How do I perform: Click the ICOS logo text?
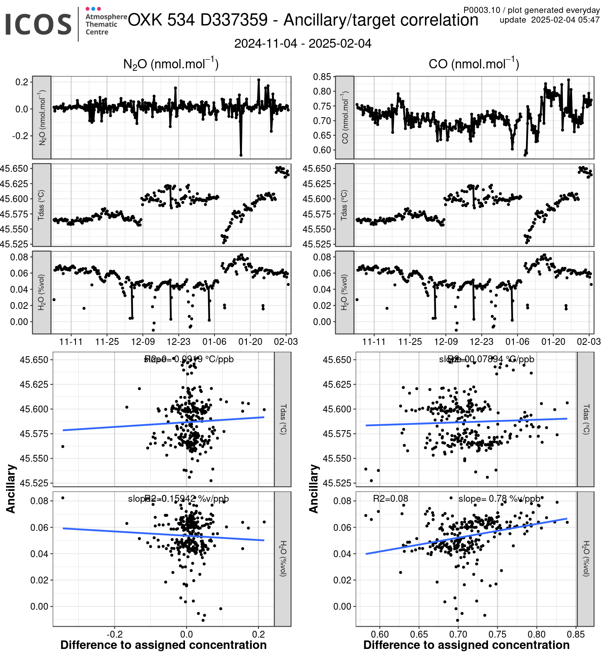pos(38,24)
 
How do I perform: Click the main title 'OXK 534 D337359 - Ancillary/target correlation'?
pos(303,20)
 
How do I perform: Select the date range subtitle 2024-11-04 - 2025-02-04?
pos(303,44)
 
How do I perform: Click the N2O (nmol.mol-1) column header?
pos(170,64)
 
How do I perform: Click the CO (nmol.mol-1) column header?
pos(473,64)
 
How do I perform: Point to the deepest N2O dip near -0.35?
pos(241,155)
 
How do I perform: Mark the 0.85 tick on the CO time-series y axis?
pos(322,77)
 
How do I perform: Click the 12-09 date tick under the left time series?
pos(143,342)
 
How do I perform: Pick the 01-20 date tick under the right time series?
pos(553,342)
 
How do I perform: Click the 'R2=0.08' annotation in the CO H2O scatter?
pos(390,499)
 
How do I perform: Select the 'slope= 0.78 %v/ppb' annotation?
pos(499,499)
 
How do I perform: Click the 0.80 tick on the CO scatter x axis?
pos(537,634)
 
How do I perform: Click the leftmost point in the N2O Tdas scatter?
pos(63,446)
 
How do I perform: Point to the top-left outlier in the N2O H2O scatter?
pos(63,498)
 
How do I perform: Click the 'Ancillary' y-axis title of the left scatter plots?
pos(11,489)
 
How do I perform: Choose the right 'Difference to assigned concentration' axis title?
pos(466,645)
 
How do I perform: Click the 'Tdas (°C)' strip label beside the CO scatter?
pos(586,419)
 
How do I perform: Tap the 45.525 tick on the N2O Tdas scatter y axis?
pos(34,483)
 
